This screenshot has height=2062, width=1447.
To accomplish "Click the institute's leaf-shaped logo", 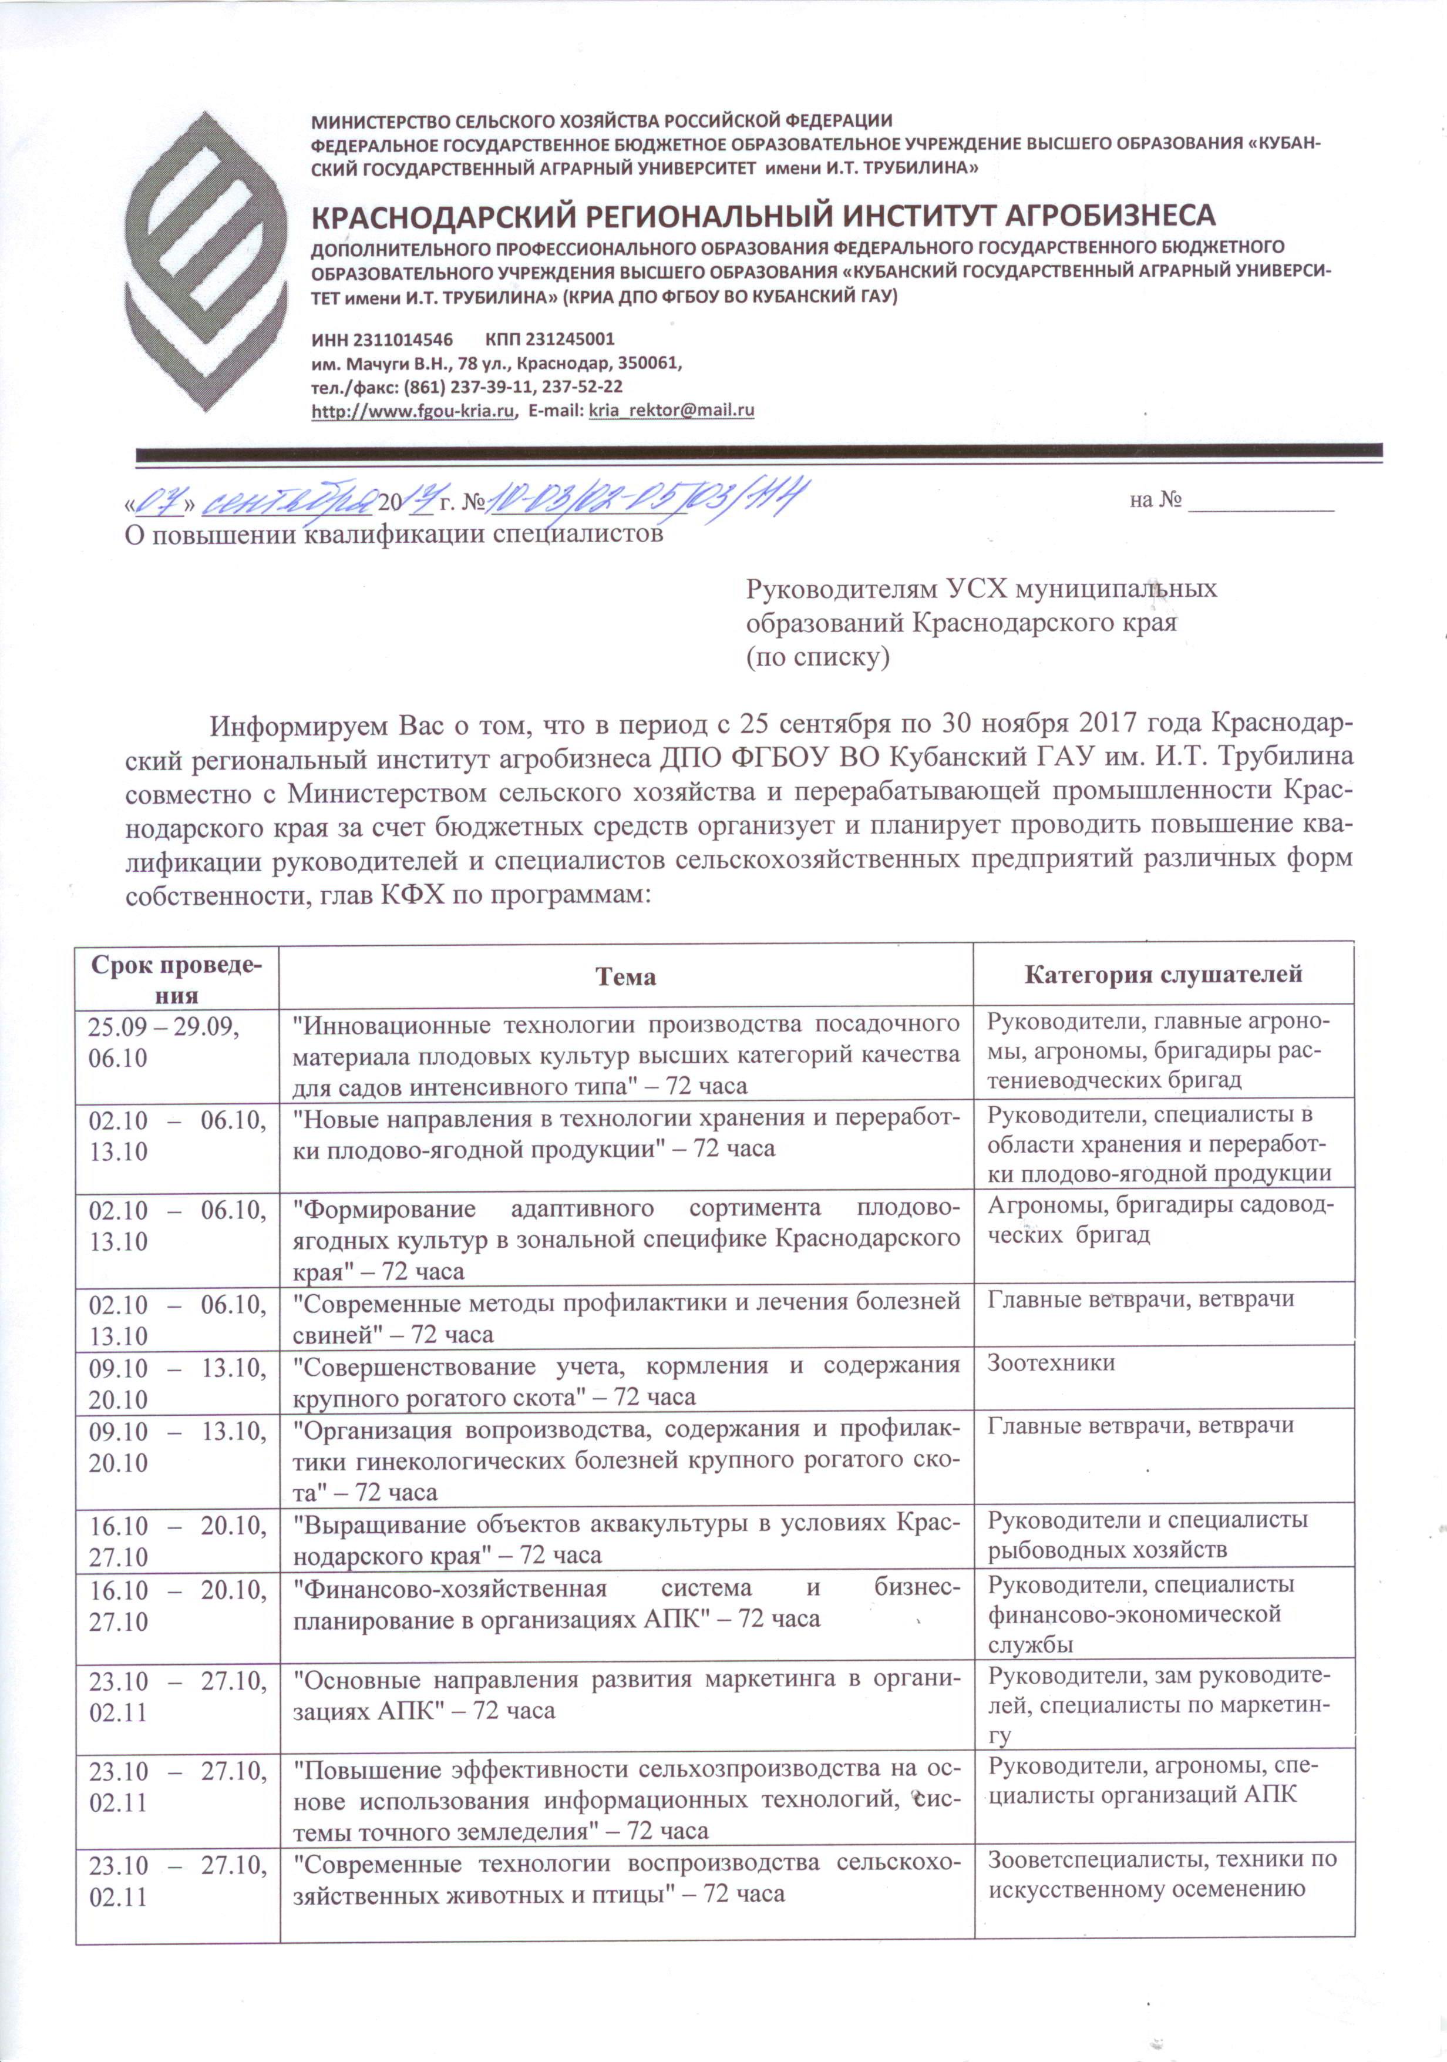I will coord(205,260).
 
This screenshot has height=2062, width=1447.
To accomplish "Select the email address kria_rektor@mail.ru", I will coord(669,411).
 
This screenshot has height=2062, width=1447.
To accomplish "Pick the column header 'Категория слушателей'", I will coord(1163,975).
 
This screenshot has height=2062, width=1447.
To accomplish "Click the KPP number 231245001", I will coord(549,340).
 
